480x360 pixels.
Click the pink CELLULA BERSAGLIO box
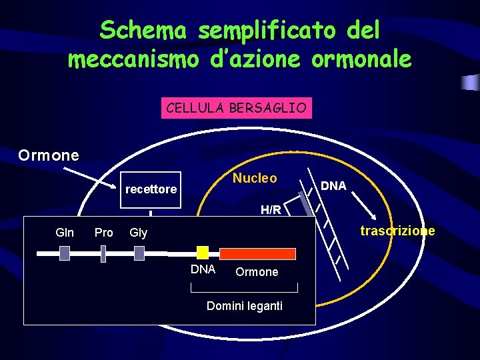coord(236,108)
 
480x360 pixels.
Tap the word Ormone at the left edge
coord(49,155)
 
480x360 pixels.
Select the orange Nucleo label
coord(255,178)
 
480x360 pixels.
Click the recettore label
coord(151,189)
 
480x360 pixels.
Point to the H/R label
coord(271,210)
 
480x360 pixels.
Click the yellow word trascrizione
coord(397,231)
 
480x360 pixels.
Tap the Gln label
coord(65,233)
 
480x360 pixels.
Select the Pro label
coord(104,233)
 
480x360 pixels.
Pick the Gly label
coord(139,233)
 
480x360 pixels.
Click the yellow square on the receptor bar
coord(203,253)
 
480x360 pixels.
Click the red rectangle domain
coord(258,253)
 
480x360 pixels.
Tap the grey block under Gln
coord(65,253)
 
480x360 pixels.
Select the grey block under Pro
coord(103,253)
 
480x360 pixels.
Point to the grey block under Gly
coord(139,253)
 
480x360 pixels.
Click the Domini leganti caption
coord(245,306)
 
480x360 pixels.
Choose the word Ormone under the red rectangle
coord(257,272)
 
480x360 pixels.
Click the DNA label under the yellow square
coord(203,269)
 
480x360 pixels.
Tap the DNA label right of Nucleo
coord(333,186)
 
